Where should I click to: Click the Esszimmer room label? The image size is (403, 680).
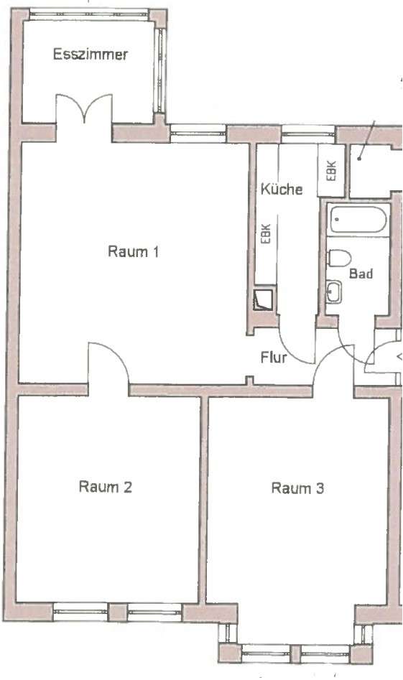click(x=91, y=54)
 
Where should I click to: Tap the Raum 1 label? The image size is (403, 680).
click(x=133, y=251)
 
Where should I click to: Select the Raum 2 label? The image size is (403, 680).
click(x=106, y=487)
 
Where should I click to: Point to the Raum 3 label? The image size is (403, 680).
click(x=297, y=488)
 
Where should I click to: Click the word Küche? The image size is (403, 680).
click(x=282, y=189)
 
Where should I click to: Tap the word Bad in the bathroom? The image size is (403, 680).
click(x=361, y=274)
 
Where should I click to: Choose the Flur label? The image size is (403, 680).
click(x=274, y=358)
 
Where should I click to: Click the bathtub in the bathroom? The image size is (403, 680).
click(x=358, y=220)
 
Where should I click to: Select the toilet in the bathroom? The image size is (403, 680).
click(x=339, y=259)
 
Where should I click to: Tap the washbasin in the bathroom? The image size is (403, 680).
click(x=334, y=292)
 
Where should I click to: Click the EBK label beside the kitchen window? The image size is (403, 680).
click(x=331, y=171)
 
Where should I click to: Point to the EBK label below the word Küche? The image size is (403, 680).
click(x=266, y=233)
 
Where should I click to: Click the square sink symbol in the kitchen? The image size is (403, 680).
click(x=264, y=299)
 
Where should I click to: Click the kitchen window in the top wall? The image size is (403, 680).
click(x=308, y=133)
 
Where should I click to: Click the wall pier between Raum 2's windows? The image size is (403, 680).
click(x=117, y=613)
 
